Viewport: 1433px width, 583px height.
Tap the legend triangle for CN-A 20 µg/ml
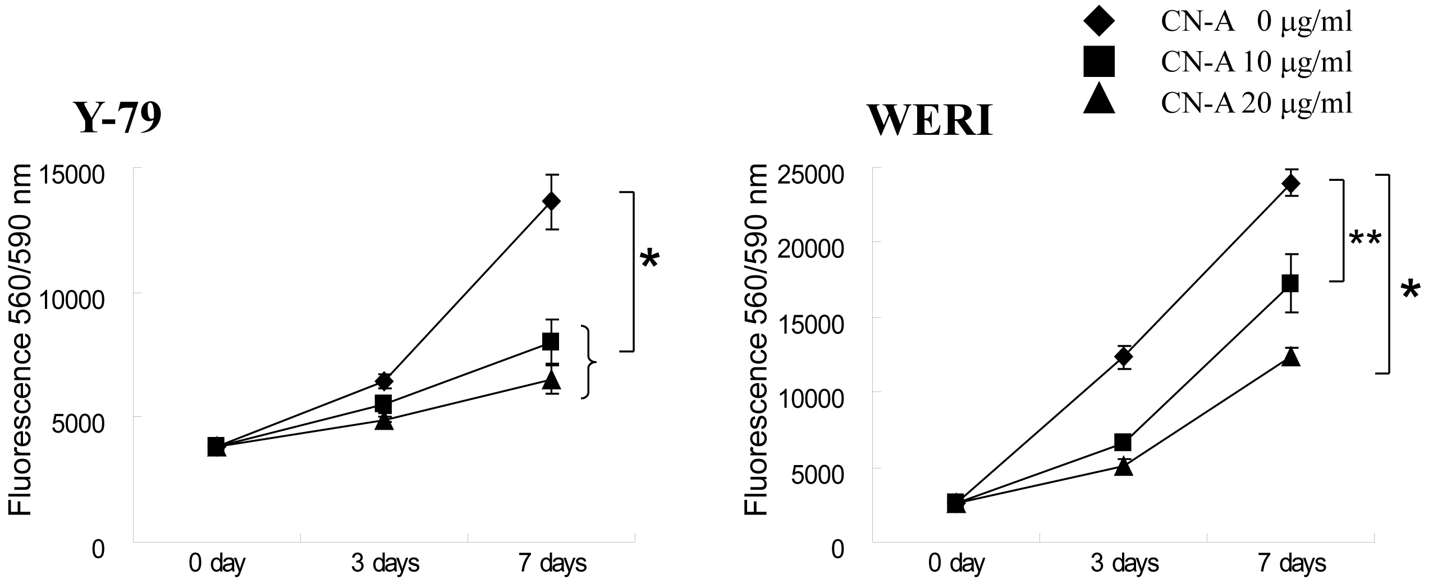pyautogui.click(x=1098, y=102)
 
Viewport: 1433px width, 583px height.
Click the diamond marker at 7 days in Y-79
pyautogui.click(x=551, y=201)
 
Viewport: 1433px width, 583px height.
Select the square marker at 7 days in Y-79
pyautogui.click(x=551, y=341)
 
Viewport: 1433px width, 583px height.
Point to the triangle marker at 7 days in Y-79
pyautogui.click(x=551, y=380)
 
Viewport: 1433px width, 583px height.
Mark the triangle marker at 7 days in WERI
pyautogui.click(x=1290, y=356)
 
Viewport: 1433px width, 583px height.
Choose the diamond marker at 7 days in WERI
pyautogui.click(x=1290, y=184)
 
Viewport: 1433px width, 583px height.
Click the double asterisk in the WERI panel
pyautogui.click(x=1365, y=240)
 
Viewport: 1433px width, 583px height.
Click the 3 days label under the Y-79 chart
pyautogui.click(x=385, y=563)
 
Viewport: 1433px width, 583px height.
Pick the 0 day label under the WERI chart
pyautogui.click(x=956, y=563)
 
